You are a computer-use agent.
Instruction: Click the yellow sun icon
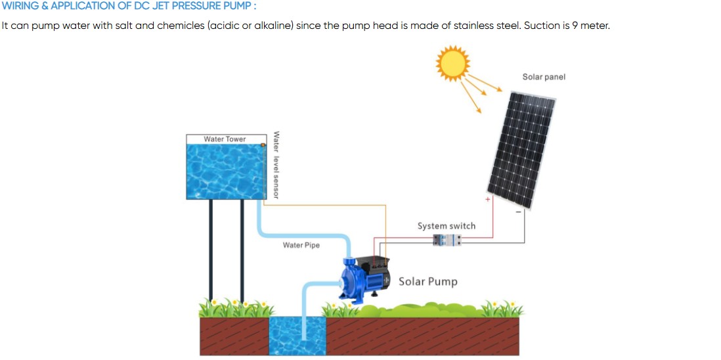tap(452, 63)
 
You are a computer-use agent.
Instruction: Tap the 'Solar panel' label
tap(544, 77)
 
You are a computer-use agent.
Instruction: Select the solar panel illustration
tap(523, 150)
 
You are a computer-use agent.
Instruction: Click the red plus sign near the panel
tap(487, 198)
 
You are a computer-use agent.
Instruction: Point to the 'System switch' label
tap(447, 226)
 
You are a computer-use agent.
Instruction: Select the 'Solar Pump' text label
tap(428, 282)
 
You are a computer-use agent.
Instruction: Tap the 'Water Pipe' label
tap(301, 245)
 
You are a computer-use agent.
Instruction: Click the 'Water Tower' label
tap(225, 139)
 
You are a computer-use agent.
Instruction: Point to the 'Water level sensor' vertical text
tap(276, 165)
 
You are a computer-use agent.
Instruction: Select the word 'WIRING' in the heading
tap(20, 6)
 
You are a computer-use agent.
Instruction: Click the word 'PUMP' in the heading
tap(238, 6)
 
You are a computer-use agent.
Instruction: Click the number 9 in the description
tap(575, 26)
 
